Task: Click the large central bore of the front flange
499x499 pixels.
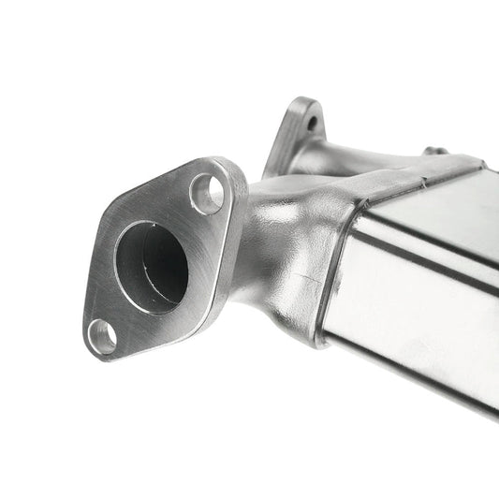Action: click(150, 264)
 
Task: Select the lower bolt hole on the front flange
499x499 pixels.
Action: click(102, 335)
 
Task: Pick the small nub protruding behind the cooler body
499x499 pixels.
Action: click(432, 150)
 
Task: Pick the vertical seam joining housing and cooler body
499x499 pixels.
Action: click(328, 281)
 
